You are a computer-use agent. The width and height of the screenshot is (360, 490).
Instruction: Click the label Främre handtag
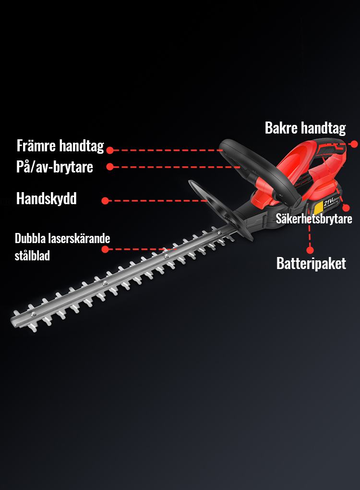click(x=60, y=146)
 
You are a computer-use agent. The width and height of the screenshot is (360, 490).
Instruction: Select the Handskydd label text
click(x=46, y=198)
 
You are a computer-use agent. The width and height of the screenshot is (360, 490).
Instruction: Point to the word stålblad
click(x=32, y=256)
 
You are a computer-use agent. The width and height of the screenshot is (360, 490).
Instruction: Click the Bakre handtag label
click(x=305, y=128)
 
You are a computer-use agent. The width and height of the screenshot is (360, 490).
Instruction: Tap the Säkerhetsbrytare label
click(x=314, y=219)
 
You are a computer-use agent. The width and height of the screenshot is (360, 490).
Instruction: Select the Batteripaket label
click(x=311, y=263)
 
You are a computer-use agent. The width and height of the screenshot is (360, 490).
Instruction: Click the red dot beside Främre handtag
click(x=110, y=150)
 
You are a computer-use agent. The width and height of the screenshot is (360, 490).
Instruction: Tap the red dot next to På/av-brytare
click(x=110, y=167)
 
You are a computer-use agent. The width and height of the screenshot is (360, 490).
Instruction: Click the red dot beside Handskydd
click(x=106, y=201)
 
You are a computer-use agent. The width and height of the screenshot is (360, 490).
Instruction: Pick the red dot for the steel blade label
click(x=106, y=249)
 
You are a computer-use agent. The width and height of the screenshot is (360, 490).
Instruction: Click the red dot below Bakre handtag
click(x=354, y=144)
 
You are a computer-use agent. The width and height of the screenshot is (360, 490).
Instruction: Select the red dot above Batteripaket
click(x=310, y=250)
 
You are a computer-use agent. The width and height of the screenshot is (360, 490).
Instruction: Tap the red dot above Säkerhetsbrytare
click(x=345, y=208)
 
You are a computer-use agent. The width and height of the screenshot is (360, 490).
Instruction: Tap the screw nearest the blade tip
click(x=33, y=314)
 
